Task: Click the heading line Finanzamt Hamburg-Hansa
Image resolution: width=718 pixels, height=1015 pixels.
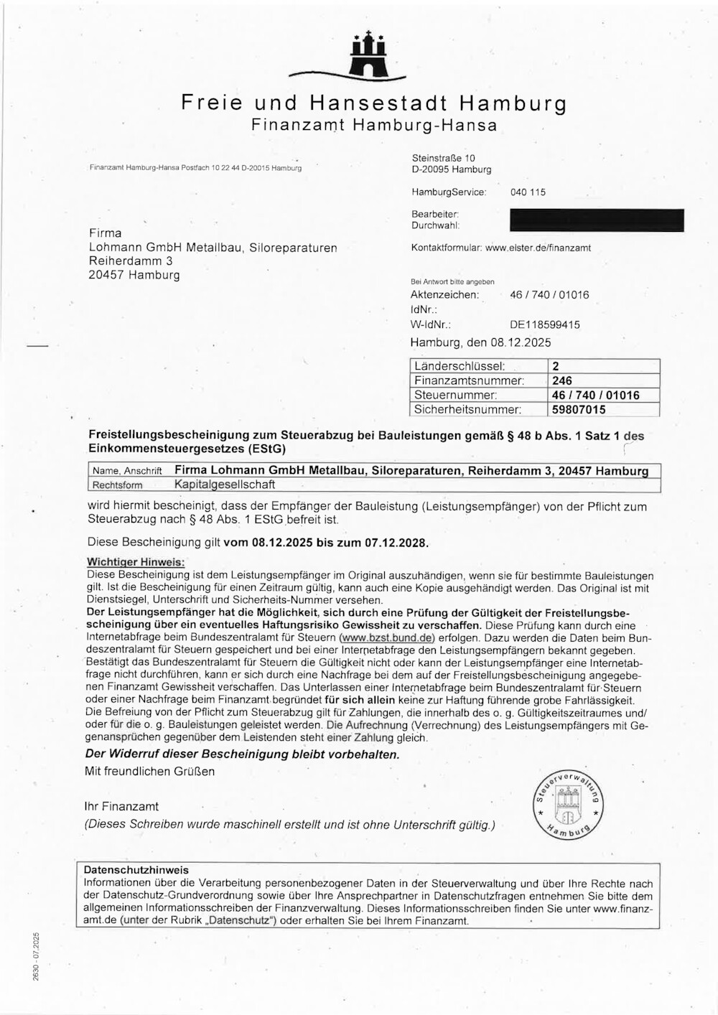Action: click(x=373, y=125)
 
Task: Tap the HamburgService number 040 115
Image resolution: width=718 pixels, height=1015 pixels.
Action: click(x=528, y=192)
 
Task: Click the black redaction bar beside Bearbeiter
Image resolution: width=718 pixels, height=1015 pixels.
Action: click(x=597, y=220)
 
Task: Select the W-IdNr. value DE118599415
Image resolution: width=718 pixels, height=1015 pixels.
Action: click(x=545, y=324)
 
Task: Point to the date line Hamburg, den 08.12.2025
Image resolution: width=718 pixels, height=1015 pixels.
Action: click(x=480, y=342)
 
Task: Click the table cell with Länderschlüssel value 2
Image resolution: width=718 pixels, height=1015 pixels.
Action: click(x=603, y=366)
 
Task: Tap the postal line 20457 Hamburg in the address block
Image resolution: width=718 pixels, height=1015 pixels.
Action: click(x=134, y=275)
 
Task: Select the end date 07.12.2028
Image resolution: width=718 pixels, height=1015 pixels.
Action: click(x=396, y=543)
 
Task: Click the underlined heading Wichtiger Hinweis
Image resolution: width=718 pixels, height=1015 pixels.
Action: click(x=136, y=562)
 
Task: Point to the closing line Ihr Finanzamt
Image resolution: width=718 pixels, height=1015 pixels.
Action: click(x=121, y=807)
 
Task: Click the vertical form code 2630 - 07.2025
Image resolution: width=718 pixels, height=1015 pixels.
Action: click(x=37, y=955)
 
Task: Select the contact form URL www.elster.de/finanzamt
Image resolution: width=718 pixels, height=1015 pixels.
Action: click(x=538, y=248)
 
